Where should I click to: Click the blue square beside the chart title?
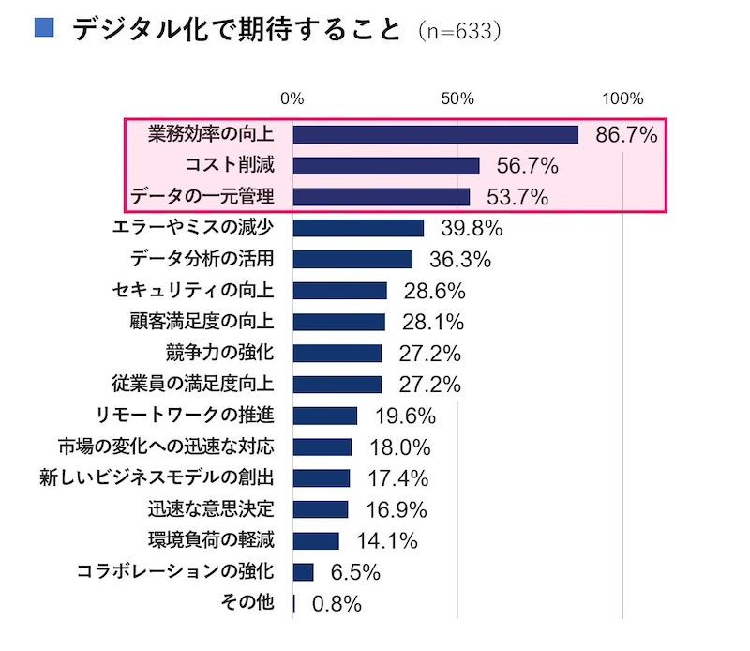[43, 27]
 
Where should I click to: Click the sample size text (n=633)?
[459, 31]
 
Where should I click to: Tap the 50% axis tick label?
[457, 99]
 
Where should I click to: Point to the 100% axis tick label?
[622, 99]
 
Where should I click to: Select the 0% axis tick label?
[292, 99]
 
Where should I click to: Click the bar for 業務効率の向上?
[435, 135]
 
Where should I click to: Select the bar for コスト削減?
[385, 166]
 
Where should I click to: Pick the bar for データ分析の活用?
[352, 260]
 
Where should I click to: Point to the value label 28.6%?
[434, 291]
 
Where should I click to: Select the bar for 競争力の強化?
[337, 354]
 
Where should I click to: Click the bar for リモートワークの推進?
[325, 416]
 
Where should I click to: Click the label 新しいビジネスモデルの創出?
[157, 478]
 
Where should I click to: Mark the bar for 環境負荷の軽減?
[316, 540]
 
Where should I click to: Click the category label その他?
[250, 602]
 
